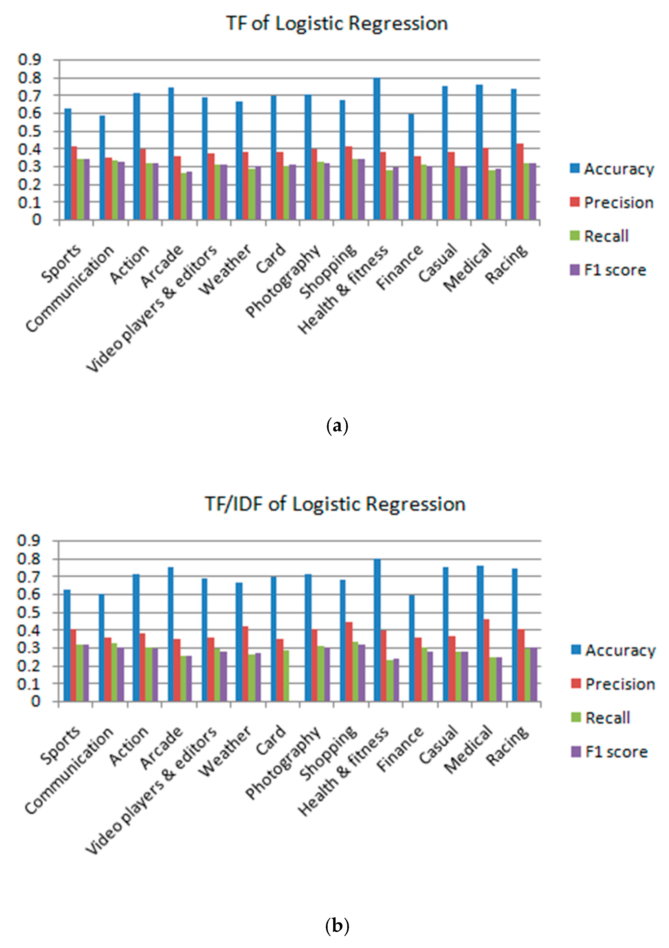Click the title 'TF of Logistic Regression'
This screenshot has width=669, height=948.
(x=337, y=24)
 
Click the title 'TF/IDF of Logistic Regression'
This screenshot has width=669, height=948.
(x=335, y=504)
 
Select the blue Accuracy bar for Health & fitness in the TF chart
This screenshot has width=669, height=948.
(x=377, y=149)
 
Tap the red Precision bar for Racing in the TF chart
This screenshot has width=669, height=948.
(x=520, y=182)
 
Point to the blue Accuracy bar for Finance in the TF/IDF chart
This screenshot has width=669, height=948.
(x=412, y=648)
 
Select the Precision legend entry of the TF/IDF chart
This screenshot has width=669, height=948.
(x=614, y=684)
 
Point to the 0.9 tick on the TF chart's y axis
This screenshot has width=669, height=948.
(x=30, y=60)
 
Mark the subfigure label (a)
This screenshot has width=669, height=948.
(x=337, y=426)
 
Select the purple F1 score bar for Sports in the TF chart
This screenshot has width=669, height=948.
(x=86, y=189)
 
